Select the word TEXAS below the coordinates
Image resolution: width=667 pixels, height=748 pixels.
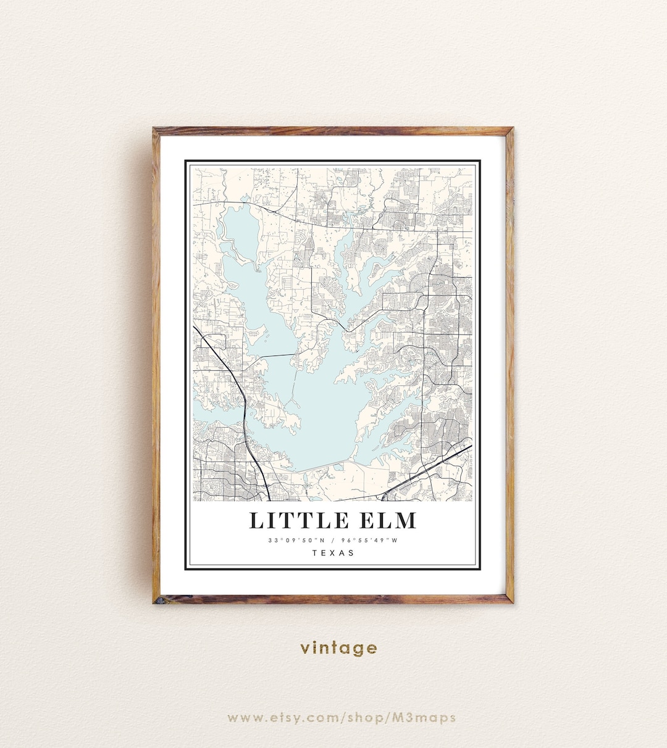(333, 552)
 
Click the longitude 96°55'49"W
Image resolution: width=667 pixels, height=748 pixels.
(369, 541)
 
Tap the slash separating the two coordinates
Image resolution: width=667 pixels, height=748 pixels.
(333, 541)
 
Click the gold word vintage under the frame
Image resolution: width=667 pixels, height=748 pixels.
(338, 647)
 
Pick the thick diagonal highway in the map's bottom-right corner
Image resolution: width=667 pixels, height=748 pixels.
(432, 467)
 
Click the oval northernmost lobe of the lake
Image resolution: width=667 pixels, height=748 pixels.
(240, 228)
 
